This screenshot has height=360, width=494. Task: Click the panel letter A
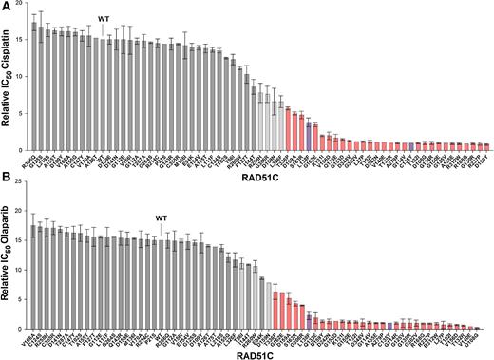pyautogui.click(x=7, y=6)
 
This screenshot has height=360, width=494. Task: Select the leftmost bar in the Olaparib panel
pyautogui.click(x=35, y=276)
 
